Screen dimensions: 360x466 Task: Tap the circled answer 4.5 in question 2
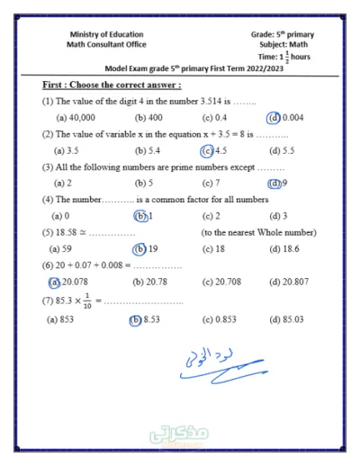click(x=213, y=150)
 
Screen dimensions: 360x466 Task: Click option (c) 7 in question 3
click(x=211, y=183)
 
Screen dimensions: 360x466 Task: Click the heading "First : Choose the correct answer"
click(x=112, y=85)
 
